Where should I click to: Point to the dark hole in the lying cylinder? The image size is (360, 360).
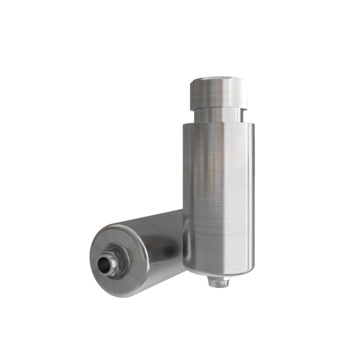107,266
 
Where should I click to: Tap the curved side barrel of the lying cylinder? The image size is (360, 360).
157,246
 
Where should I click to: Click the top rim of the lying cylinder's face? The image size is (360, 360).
118,226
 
